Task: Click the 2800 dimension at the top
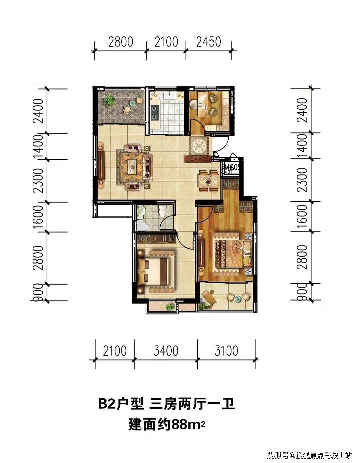pyautogui.click(x=121, y=42)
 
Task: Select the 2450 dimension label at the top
pyautogui.click(x=209, y=42)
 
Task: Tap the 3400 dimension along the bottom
pyautogui.click(x=166, y=351)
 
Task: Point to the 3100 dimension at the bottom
pyautogui.click(x=226, y=351)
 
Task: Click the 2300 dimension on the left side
pyautogui.click(x=40, y=180)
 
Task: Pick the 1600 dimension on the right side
pyautogui.click(x=302, y=216)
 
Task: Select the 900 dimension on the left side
pyautogui.click(x=40, y=293)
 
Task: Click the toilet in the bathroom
pyautogui.click(x=163, y=211)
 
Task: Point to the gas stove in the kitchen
pyautogui.click(x=155, y=112)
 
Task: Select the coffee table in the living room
pyautogui.click(x=132, y=164)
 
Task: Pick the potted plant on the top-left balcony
pyautogui.click(x=109, y=100)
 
